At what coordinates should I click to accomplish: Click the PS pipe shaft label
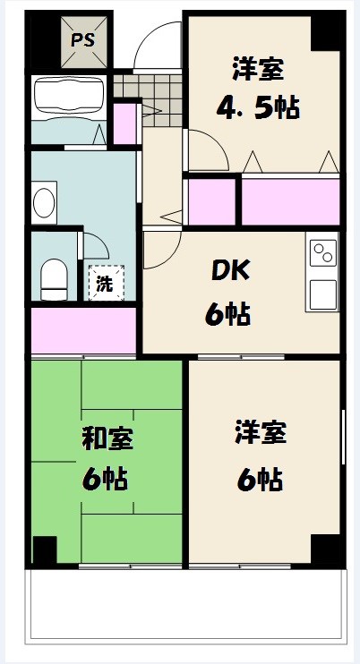tap(82, 41)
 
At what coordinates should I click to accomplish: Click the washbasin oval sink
tap(44, 203)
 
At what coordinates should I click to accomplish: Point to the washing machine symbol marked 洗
tap(107, 283)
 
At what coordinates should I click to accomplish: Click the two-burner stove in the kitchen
tap(322, 253)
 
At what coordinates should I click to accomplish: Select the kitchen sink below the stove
tap(322, 294)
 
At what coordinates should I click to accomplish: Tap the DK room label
tap(231, 274)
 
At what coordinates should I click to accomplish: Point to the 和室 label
tap(107, 439)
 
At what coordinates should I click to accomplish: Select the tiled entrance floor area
tap(149, 100)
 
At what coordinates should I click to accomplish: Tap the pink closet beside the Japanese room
tap(83, 330)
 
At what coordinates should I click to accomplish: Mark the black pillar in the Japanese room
tap(45, 549)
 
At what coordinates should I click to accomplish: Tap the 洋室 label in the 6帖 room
tap(261, 432)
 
